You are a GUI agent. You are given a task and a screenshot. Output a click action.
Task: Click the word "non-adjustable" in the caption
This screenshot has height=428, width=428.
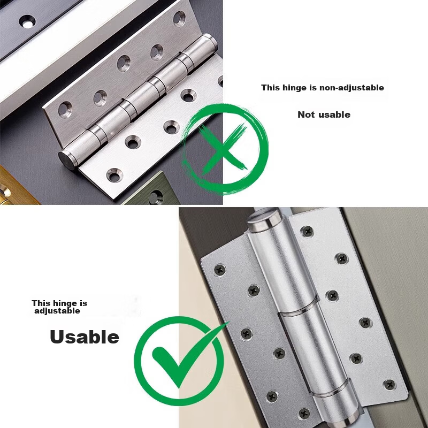coord(351,88)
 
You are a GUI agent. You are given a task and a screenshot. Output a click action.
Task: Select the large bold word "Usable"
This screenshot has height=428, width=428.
coord(85,337)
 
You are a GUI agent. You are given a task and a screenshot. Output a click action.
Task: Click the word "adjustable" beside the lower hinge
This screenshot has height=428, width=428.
coord(57,311)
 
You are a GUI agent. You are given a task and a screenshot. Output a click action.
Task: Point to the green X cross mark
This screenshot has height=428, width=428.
coord(221,150)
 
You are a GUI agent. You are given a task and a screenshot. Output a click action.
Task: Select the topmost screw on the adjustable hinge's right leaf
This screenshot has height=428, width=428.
coord(307,232)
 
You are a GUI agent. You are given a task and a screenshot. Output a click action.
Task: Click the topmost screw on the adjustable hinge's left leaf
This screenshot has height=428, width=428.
coord(220,270)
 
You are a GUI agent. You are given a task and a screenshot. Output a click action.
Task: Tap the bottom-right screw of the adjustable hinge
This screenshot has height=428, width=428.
coord(389,385)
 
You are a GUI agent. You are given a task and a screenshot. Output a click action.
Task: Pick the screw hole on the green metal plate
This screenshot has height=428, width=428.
coord(156,196)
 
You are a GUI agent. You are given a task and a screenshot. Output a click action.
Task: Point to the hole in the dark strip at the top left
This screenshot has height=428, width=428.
coord(27,22)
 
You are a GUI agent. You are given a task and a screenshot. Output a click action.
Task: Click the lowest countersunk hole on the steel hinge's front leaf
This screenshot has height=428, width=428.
coord(114,175)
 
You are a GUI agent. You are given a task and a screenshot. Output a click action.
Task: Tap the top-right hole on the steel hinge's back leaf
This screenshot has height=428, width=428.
coord(179,18)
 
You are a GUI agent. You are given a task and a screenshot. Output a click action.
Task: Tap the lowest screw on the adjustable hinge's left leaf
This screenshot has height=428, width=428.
coord(304,413)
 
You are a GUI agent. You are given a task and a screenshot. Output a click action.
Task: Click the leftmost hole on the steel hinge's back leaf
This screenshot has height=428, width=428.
coord(65,110)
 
